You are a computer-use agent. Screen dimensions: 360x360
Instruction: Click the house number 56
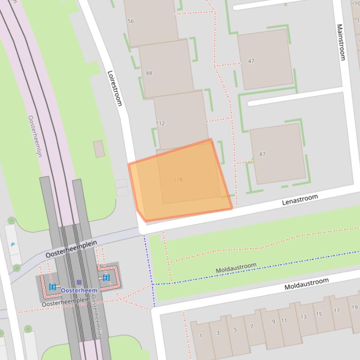(131, 21)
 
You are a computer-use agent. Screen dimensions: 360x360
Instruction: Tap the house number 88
(149, 73)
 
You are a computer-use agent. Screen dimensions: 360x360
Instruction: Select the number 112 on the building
(160, 123)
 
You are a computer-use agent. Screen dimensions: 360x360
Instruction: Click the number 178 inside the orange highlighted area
(178, 180)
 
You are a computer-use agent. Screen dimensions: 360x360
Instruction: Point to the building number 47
(251, 61)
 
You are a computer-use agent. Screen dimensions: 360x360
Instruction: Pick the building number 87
(262, 154)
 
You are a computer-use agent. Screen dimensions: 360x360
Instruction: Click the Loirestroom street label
(115, 88)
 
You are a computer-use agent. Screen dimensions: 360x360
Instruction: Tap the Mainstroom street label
(341, 43)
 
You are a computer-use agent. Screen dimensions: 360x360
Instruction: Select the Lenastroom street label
(300, 200)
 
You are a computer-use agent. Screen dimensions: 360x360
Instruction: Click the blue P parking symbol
(13, 245)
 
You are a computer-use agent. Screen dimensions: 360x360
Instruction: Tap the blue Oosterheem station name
(79, 290)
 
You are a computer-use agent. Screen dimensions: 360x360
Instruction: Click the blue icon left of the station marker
(52, 286)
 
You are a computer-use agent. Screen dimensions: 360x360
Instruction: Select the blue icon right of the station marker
(106, 278)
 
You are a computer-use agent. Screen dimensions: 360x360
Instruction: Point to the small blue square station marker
(79, 282)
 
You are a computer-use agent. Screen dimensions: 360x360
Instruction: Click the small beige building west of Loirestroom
(99, 149)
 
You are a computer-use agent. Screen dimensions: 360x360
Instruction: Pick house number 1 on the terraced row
(201, 336)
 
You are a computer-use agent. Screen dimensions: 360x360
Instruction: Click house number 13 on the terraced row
(303, 317)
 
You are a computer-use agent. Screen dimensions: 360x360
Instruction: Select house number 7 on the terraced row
(251, 326)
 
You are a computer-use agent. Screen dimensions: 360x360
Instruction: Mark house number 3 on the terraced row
(218, 333)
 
